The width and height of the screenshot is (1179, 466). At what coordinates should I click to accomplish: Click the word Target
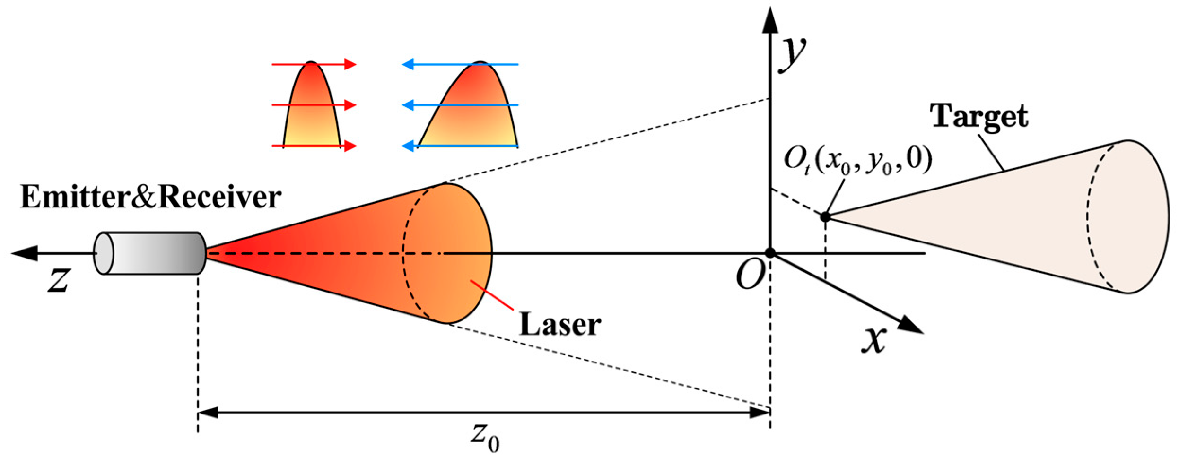click(x=978, y=116)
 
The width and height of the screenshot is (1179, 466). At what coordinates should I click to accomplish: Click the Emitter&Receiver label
click(x=150, y=197)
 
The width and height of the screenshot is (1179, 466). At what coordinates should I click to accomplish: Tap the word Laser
click(x=560, y=325)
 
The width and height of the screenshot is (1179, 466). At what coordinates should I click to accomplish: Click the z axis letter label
click(x=59, y=280)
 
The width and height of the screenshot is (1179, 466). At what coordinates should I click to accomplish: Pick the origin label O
click(x=750, y=275)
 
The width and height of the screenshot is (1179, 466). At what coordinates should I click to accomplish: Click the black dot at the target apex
click(x=825, y=217)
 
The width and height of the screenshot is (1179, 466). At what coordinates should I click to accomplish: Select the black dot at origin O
click(x=770, y=253)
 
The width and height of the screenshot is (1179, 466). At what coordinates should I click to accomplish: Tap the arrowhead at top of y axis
click(x=770, y=21)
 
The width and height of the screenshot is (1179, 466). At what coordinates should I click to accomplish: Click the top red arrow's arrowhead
click(x=350, y=64)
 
